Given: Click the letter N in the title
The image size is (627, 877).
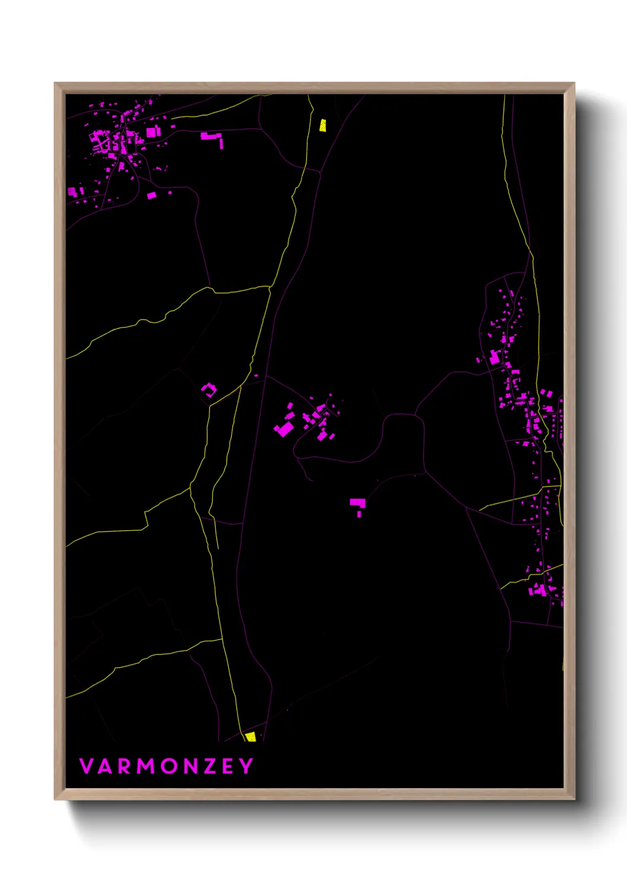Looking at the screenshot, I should pos(192,766).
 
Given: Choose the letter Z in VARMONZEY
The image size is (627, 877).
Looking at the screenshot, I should pos(211,766).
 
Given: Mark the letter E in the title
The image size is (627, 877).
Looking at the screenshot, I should pos(229,766).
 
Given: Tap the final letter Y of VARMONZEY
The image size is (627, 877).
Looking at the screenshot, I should pos(246,766).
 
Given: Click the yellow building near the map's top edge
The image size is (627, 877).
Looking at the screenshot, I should pos(322,125).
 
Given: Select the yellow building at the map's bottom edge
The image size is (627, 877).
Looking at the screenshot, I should pos(251,737).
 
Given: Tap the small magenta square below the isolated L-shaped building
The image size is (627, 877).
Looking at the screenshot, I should pos(359,514).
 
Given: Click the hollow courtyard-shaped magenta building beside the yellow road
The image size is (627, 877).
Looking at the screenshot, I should pos(209,389).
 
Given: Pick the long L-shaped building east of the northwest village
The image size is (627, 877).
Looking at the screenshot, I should pos(212,137).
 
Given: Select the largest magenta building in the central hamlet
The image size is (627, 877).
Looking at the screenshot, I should pos(284,428).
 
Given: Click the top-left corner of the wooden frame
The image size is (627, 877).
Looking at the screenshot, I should pos(55,84).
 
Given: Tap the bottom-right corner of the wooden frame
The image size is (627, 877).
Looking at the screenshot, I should pos(574,799).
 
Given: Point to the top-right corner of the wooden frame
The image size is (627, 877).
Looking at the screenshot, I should pos(574,84).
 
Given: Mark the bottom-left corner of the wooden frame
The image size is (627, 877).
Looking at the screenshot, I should pos(55,799).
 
